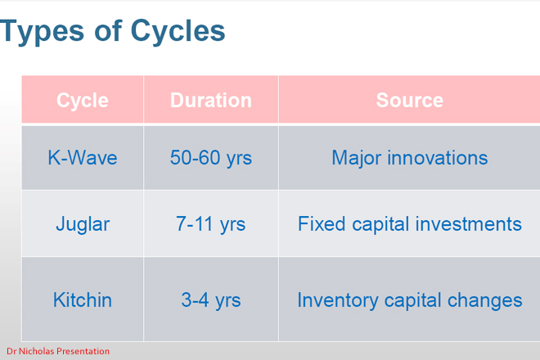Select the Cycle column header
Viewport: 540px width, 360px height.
pos(82,101)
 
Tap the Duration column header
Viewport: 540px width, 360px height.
pos(210,101)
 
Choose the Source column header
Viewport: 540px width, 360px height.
pos(409,101)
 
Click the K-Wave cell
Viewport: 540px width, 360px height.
pos(82,158)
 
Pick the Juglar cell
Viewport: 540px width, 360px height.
pos(82,223)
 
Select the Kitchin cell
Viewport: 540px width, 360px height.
pos(82,300)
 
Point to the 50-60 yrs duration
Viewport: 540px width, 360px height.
pos(210,158)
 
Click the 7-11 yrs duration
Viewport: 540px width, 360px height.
pos(210,223)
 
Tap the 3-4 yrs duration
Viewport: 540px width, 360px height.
pos(210,300)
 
